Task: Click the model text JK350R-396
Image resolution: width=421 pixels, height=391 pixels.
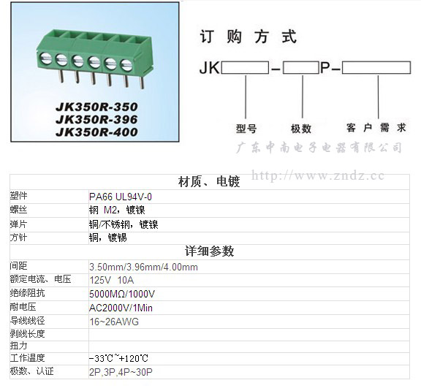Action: pyautogui.click(x=96, y=119)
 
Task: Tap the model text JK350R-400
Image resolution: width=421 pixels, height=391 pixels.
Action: pyautogui.click(x=96, y=132)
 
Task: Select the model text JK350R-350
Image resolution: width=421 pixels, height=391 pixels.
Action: pyautogui.click(x=96, y=107)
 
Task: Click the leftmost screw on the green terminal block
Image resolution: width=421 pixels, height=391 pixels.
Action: pyautogui.click(x=46, y=58)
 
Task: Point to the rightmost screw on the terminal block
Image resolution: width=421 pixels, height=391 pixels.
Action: pyautogui.click(x=126, y=65)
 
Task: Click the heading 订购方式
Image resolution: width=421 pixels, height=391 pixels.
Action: pyautogui.click(x=249, y=37)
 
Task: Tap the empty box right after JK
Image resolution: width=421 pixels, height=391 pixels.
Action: pyautogui.click(x=245, y=68)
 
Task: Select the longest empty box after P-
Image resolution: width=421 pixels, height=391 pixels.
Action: pyautogui.click(x=376, y=68)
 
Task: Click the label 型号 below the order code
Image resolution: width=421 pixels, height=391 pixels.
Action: pyautogui.click(x=246, y=129)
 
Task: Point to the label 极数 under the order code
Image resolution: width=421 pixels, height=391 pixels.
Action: pyautogui.click(x=301, y=129)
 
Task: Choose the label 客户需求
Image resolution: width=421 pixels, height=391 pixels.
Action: pyautogui.click(x=376, y=128)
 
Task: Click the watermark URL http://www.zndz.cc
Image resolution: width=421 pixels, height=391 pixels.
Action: pyautogui.click(x=318, y=175)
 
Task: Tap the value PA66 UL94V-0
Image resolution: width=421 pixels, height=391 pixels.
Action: pyautogui.click(x=121, y=197)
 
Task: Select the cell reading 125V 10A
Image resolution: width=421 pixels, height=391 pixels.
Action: pyautogui.click(x=112, y=281)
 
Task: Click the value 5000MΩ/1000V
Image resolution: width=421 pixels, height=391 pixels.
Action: pyautogui.click(x=122, y=294)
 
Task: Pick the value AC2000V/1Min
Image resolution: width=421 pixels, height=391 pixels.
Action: pyautogui.click(x=121, y=308)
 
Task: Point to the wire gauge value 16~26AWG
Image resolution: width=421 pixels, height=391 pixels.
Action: pyautogui.click(x=114, y=322)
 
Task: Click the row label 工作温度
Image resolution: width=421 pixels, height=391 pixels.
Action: pyautogui.click(x=27, y=358)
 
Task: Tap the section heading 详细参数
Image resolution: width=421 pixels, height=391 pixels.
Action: pyautogui.click(x=210, y=251)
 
